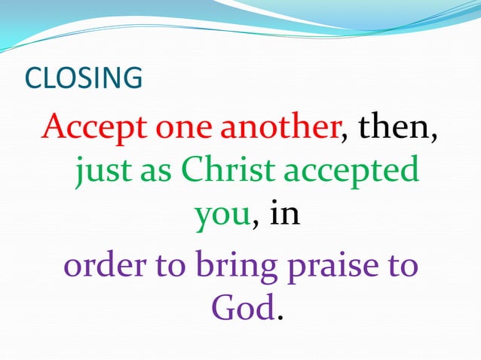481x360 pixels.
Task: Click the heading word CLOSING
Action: (x=84, y=78)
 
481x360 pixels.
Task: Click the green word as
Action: (x=156, y=172)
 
